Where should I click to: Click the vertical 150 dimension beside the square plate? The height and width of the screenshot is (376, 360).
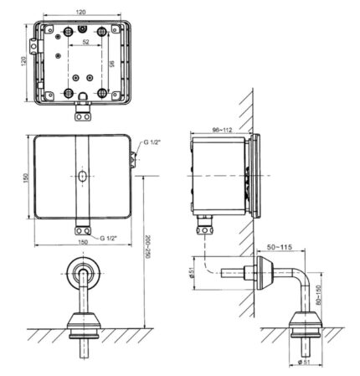coord(24,178)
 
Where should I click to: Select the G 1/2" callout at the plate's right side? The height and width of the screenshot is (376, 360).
coord(152,143)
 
